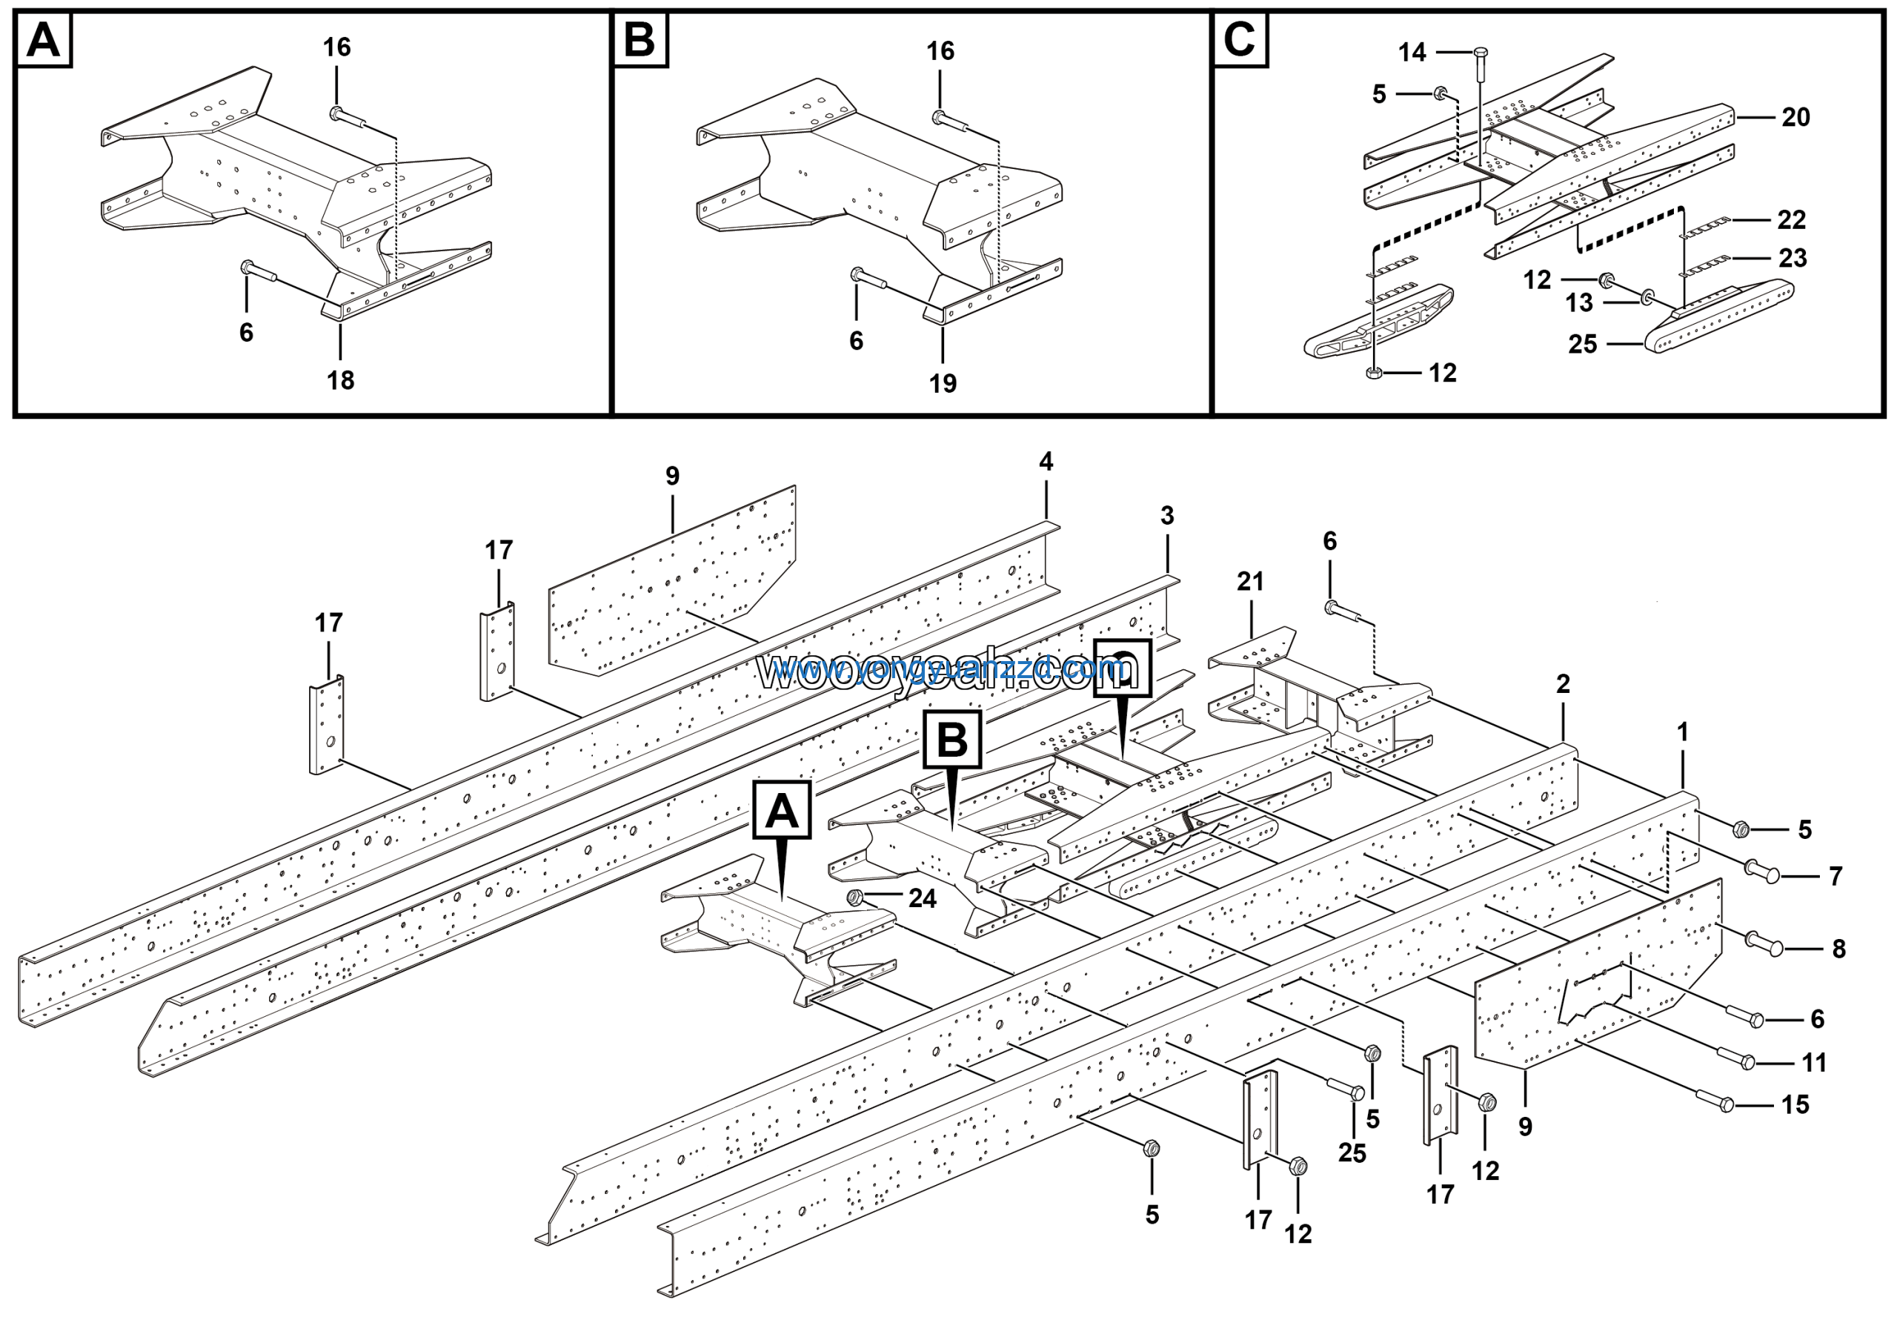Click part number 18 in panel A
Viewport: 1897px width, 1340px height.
[340, 380]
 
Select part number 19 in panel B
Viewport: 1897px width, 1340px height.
[943, 383]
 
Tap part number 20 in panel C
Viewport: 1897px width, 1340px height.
[1795, 117]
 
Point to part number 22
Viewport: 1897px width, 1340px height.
[1791, 220]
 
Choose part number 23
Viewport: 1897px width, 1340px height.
[1792, 258]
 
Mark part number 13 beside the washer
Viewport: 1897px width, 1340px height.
[1579, 302]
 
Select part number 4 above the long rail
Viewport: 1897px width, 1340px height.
[1046, 462]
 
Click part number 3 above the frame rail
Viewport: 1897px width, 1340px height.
[1166, 516]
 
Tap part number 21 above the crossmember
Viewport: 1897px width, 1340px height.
[1250, 582]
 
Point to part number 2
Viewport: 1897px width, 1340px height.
[1562, 684]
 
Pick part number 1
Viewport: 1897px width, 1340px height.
[1682, 732]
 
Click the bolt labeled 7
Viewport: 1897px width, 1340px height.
[1762, 870]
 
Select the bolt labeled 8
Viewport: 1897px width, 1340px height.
[1764, 943]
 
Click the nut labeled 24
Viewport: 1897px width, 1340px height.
[856, 898]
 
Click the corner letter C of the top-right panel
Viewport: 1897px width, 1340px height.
[1239, 40]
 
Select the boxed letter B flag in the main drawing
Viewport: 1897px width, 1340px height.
[951, 739]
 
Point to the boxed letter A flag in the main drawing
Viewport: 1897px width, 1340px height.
[782, 810]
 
